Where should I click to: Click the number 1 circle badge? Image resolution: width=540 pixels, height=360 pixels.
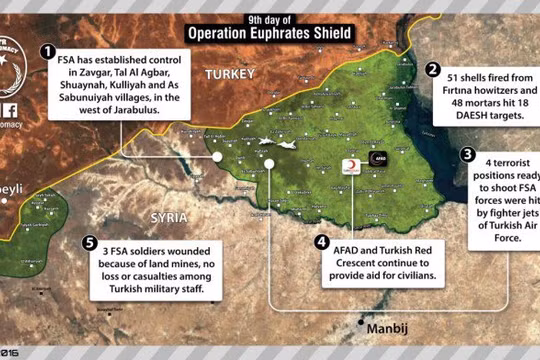[46, 51]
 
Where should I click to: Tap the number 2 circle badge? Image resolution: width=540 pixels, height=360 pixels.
[433, 70]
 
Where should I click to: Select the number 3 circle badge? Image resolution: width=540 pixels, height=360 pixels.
[467, 155]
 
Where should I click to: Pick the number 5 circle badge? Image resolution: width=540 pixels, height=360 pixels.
[92, 242]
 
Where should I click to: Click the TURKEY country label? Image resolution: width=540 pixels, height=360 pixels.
[230, 75]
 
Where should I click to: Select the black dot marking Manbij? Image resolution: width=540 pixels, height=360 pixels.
[361, 322]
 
